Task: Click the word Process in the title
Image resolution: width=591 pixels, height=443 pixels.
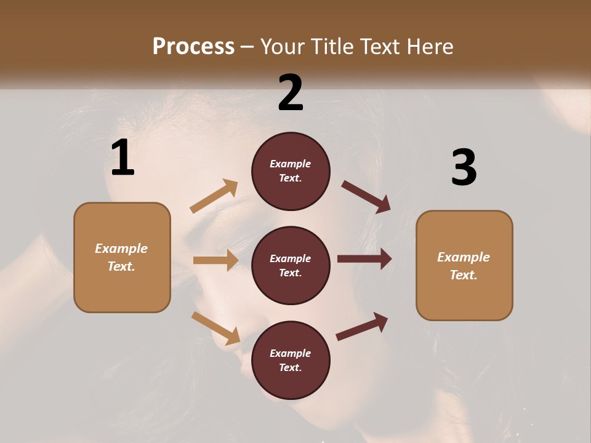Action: point(193,46)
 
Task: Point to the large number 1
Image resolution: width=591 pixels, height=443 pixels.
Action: point(123,158)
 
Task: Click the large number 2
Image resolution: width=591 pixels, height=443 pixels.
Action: point(291,92)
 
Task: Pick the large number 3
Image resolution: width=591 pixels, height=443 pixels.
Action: point(464,168)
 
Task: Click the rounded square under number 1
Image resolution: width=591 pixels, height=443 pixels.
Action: point(122,257)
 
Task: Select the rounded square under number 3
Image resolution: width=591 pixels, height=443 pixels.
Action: point(464,265)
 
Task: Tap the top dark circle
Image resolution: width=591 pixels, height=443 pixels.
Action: point(291,171)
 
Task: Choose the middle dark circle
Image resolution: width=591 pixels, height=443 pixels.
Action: point(291,265)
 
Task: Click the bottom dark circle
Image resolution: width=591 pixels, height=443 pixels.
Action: point(291,360)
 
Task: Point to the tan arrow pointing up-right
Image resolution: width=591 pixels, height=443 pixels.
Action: point(214,196)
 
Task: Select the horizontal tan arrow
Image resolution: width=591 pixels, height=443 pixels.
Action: point(215,260)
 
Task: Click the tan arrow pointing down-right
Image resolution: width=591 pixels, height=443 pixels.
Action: point(215,327)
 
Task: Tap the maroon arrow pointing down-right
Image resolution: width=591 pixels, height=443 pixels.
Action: point(366,197)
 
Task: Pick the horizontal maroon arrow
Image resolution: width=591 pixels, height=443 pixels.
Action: point(364,259)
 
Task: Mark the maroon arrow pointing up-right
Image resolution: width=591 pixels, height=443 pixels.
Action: point(362,327)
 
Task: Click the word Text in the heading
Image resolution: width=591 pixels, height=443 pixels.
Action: point(382,46)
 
